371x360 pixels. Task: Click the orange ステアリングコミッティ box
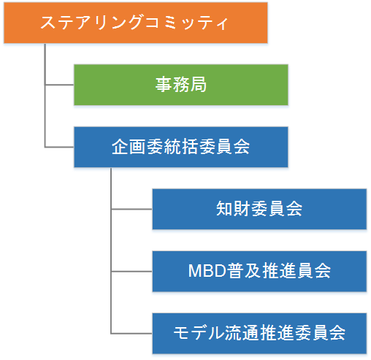pos(136,23)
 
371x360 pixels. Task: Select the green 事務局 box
pos(181,85)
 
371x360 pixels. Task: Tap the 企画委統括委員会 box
pos(181,147)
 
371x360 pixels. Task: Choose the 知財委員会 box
pos(259,209)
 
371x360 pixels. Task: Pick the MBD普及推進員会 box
pos(259,272)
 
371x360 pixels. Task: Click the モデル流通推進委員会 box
pos(259,334)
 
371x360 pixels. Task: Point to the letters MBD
pos(207,271)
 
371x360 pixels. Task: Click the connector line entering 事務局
pos(59,85)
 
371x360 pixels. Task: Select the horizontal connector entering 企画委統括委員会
pos(59,147)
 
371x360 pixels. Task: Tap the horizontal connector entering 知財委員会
pos(131,209)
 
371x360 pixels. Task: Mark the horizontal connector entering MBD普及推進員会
pos(131,272)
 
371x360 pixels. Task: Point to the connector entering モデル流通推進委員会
pos(131,334)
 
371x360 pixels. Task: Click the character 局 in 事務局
pos(199,85)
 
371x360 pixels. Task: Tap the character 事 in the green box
pos(164,85)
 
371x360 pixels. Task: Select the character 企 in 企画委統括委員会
pos(120,147)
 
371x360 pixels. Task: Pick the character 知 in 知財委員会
pos(224,209)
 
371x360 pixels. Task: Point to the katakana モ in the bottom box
pos(181,333)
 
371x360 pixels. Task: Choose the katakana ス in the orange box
pos(48,23)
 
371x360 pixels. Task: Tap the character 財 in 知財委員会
pos(242,209)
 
